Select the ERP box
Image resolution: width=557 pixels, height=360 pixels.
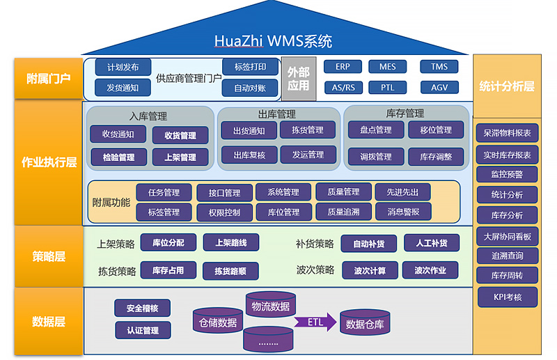(343, 67)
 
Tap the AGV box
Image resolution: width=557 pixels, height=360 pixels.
(439, 88)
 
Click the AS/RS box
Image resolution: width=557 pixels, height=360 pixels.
(343, 88)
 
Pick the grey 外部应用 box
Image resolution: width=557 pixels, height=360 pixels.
(299, 78)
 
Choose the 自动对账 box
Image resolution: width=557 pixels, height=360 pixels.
(250, 88)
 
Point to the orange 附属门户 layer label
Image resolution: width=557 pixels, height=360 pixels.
(48, 78)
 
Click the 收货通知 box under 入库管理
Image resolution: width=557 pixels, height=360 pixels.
(118, 134)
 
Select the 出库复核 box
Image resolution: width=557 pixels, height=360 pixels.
(249, 155)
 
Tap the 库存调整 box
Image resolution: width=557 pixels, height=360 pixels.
(436, 157)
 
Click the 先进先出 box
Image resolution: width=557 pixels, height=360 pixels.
(402, 192)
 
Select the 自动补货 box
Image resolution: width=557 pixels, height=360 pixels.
(368, 244)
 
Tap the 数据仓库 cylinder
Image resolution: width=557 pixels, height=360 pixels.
(365, 323)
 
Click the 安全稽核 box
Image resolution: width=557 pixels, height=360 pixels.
(143, 308)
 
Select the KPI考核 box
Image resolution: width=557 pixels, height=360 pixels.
(508, 297)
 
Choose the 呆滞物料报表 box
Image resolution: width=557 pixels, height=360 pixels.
(508, 132)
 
